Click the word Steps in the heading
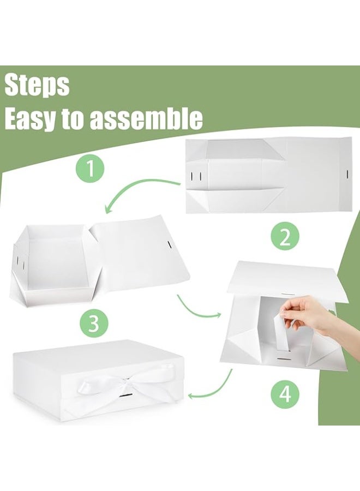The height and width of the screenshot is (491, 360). click(x=37, y=86)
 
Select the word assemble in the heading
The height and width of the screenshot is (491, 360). click(x=146, y=118)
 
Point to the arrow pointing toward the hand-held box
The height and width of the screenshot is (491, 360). click(x=198, y=309)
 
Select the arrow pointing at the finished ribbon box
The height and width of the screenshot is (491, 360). click(x=213, y=385)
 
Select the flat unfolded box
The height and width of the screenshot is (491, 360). click(x=267, y=175)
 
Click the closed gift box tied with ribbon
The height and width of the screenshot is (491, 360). click(x=95, y=376)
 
